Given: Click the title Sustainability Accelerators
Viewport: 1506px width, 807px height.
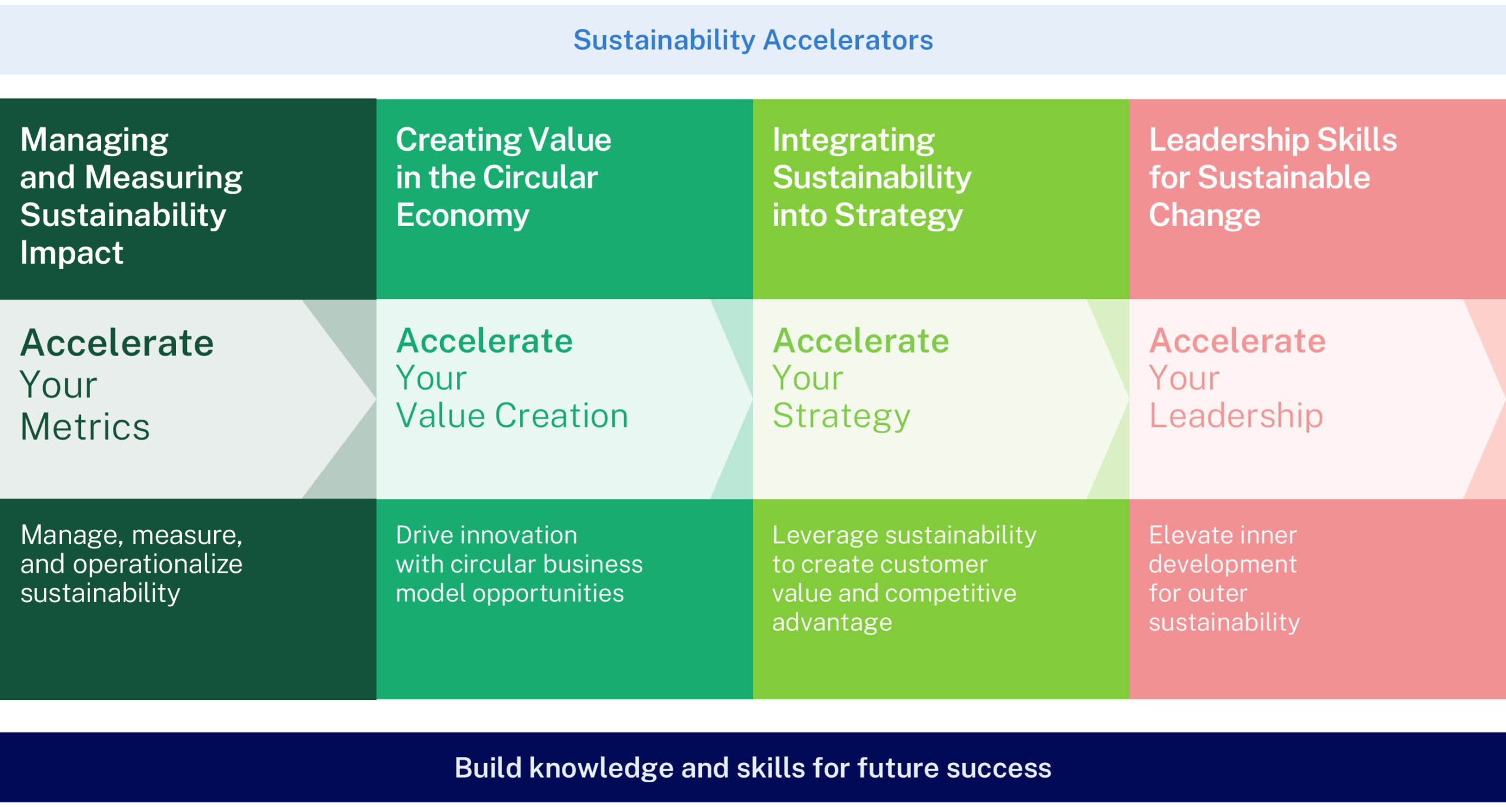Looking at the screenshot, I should [x=753, y=40].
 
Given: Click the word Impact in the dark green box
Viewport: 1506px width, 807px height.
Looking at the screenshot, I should [x=72, y=253].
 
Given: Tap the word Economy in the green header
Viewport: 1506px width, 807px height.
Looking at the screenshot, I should [x=462, y=215].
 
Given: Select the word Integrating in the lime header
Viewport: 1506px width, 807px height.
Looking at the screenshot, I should [x=853, y=140].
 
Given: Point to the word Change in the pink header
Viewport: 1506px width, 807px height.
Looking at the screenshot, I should [x=1204, y=215].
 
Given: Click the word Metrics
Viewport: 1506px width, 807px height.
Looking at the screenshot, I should [x=85, y=427].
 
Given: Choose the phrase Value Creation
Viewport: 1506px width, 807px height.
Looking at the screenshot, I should [x=512, y=416].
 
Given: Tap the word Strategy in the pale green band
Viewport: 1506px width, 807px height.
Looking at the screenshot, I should [x=841, y=416].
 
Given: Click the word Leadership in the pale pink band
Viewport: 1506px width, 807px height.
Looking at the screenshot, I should [x=1235, y=416].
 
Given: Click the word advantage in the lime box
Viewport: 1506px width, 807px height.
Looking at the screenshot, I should [x=832, y=622].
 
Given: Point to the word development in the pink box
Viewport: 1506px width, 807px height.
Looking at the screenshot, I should [x=1222, y=564].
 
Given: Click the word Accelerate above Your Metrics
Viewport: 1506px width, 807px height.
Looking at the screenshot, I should [x=117, y=343].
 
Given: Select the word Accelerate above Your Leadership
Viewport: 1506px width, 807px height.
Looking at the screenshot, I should [x=1237, y=341].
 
